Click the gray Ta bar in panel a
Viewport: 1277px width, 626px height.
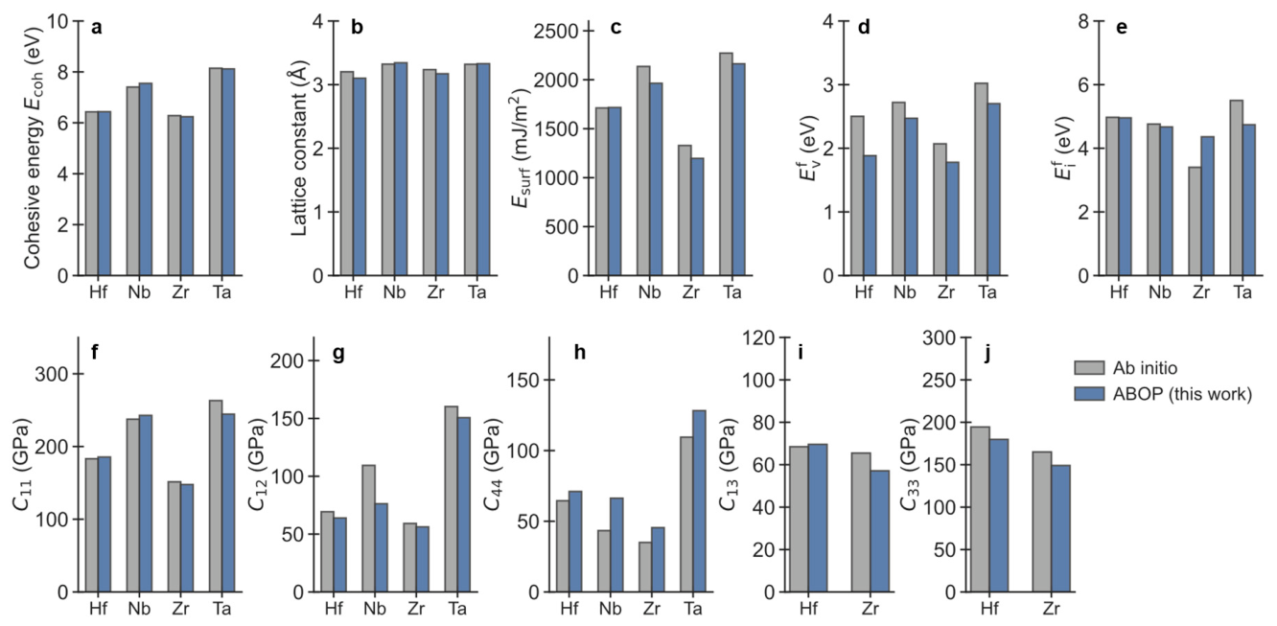(x=216, y=172)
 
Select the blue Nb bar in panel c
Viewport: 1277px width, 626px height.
(x=656, y=179)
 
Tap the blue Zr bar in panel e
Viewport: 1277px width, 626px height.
(x=1207, y=206)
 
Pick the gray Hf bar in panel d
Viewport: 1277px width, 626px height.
(x=857, y=197)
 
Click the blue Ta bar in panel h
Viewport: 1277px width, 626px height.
(x=699, y=501)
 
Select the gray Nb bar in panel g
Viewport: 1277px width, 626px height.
(x=368, y=528)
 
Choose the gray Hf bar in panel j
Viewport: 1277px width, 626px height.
(x=980, y=510)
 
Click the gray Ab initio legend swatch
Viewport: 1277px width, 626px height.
(x=1089, y=368)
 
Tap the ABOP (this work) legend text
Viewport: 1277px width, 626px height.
(x=1182, y=394)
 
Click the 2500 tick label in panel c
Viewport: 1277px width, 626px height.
(x=556, y=32)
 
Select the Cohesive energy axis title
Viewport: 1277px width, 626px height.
(x=33, y=148)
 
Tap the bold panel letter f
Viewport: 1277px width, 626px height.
(x=95, y=353)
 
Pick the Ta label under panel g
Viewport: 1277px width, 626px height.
(x=457, y=609)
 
